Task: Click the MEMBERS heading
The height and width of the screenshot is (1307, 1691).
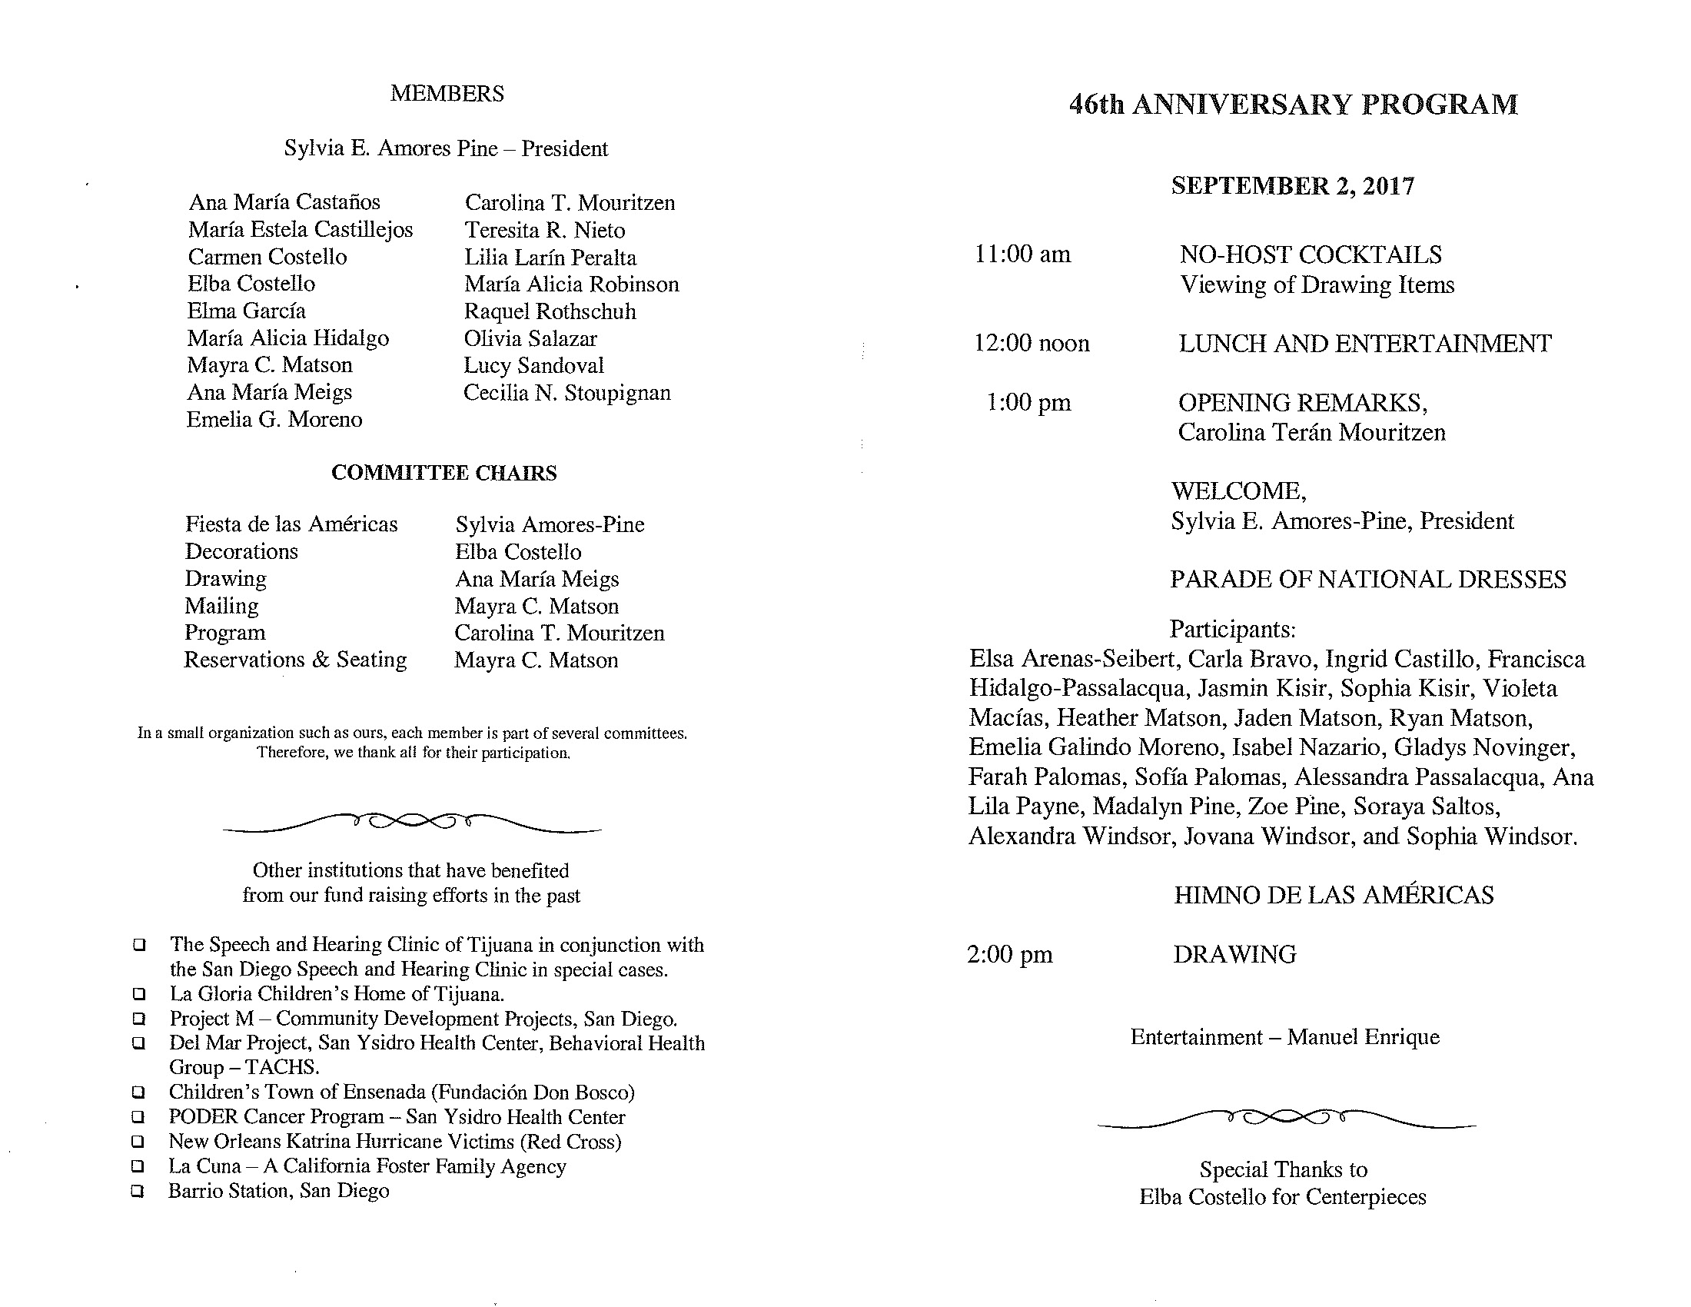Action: [x=447, y=94]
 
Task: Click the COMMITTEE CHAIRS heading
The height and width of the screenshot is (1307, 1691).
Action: [x=444, y=473]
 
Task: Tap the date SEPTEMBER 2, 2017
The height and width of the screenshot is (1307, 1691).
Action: [x=1292, y=186]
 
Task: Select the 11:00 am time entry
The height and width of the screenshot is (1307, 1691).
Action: [x=1022, y=254]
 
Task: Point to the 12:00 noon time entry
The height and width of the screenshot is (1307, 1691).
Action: [x=1032, y=343]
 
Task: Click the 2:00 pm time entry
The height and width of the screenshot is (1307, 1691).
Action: [x=1010, y=954]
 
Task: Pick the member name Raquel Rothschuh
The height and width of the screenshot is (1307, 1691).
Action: [x=550, y=311]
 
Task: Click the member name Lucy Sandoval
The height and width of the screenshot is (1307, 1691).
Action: [x=533, y=365]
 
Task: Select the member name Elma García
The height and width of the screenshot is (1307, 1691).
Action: [x=246, y=311]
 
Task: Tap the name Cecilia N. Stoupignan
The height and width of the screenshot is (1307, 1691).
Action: [x=566, y=393]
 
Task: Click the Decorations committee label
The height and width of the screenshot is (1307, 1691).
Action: [x=241, y=551]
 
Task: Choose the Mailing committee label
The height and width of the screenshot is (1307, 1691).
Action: [x=221, y=606]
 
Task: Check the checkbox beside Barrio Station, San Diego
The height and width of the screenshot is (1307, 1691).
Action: [x=138, y=1192]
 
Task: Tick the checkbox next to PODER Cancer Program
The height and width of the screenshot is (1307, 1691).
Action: [x=138, y=1117]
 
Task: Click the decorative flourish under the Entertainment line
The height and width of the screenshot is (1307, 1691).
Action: [x=1286, y=1119]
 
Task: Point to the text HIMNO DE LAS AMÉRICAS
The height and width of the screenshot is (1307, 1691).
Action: [x=1334, y=895]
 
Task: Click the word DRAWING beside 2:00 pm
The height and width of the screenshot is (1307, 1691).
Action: [x=1234, y=955]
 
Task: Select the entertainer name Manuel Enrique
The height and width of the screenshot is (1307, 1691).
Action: [x=1363, y=1037]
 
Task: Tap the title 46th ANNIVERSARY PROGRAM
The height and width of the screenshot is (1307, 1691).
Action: [x=1293, y=105]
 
